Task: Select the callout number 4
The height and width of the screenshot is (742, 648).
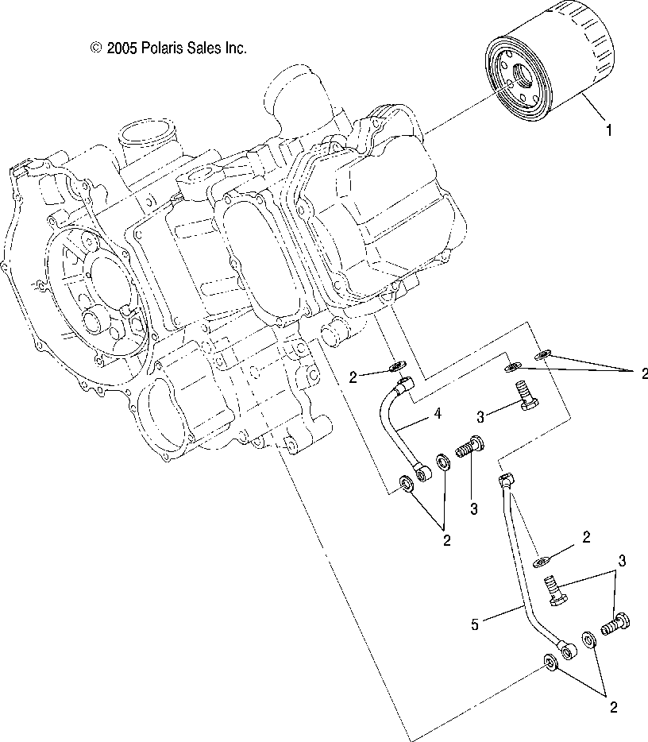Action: click(x=437, y=414)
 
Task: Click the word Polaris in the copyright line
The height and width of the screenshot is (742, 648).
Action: click(x=164, y=48)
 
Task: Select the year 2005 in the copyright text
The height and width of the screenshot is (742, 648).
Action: click(x=123, y=48)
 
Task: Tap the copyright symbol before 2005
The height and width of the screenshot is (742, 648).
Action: click(x=97, y=48)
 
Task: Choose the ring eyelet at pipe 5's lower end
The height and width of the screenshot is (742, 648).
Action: click(x=569, y=650)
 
